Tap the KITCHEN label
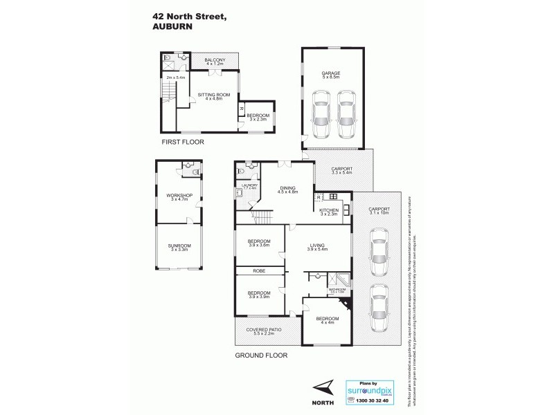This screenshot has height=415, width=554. (328, 212)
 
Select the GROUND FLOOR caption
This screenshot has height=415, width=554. (260, 356)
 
